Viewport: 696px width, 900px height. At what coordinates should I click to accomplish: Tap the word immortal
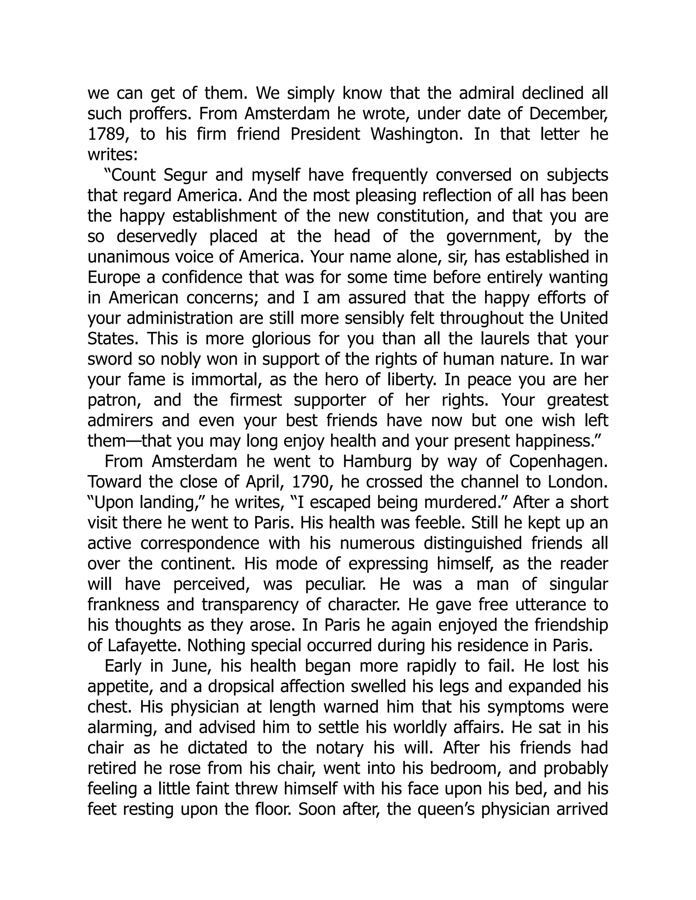(x=226, y=380)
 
